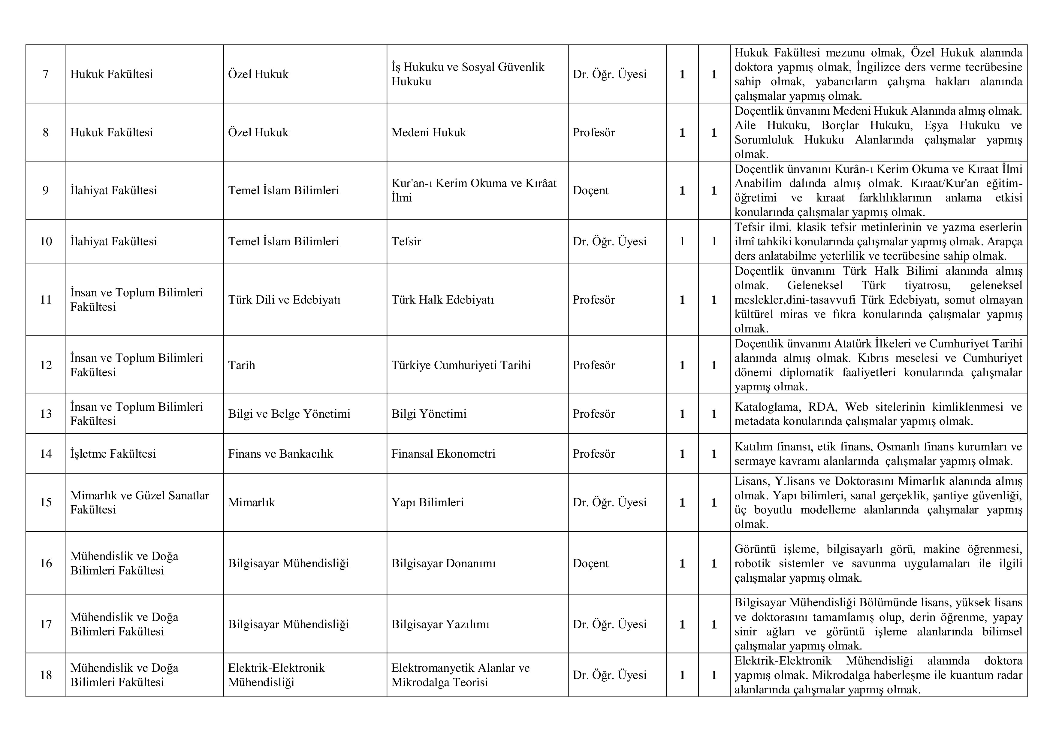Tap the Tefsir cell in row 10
pyautogui.click(x=406, y=241)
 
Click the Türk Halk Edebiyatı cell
pyautogui.click(x=442, y=300)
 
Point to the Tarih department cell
pyautogui.click(x=241, y=365)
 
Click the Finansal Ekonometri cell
pyautogui.click(x=443, y=454)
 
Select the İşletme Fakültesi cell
pyautogui.click(x=113, y=454)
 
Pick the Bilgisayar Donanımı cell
pyautogui.click(x=443, y=563)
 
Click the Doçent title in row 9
pyautogui.click(x=590, y=190)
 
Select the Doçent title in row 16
pyautogui.click(x=590, y=563)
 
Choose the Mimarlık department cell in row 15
pyautogui.click(x=251, y=502)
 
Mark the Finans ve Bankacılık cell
pyautogui.click(x=280, y=454)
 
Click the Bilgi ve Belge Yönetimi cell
pyautogui.click(x=289, y=414)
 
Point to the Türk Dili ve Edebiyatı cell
pyautogui.click(x=284, y=300)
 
